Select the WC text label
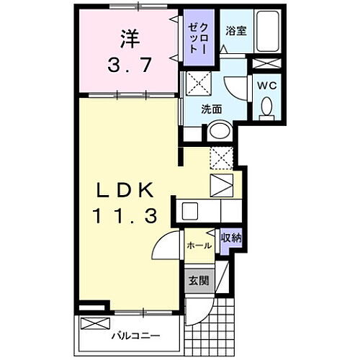[x=266, y=85]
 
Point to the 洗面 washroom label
[x=211, y=110]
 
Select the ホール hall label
[x=199, y=246]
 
